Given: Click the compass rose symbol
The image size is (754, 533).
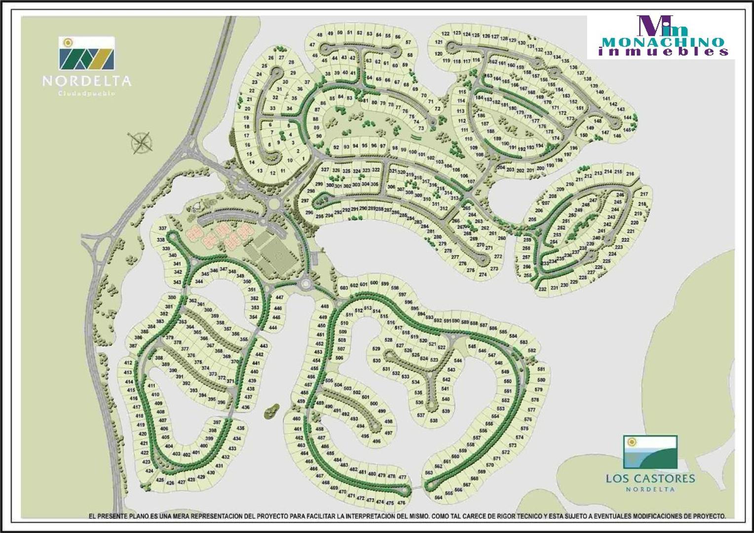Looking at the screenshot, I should click(142, 141).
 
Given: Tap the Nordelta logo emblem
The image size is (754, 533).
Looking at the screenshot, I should click(87, 53).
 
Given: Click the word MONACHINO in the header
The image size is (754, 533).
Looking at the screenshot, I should click(663, 42).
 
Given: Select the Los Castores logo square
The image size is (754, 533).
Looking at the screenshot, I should click(649, 452).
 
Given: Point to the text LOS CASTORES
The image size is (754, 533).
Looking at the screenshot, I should click(650, 478).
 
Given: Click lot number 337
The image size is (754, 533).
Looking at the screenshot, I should click(163, 228).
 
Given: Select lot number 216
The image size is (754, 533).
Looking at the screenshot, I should click(630, 174).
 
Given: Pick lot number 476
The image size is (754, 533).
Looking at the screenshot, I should click(401, 503).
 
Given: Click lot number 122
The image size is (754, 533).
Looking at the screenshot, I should click(446, 34).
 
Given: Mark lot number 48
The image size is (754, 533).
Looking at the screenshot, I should click(320, 35).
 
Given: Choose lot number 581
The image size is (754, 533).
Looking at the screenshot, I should click(541, 369).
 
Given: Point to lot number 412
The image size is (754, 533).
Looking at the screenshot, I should click(128, 363).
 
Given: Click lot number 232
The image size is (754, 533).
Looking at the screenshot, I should click(542, 289).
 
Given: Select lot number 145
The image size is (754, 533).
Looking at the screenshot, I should click(627, 130).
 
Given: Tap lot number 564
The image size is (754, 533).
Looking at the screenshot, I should click(438, 497).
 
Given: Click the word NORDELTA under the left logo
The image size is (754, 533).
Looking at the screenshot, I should click(87, 81).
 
